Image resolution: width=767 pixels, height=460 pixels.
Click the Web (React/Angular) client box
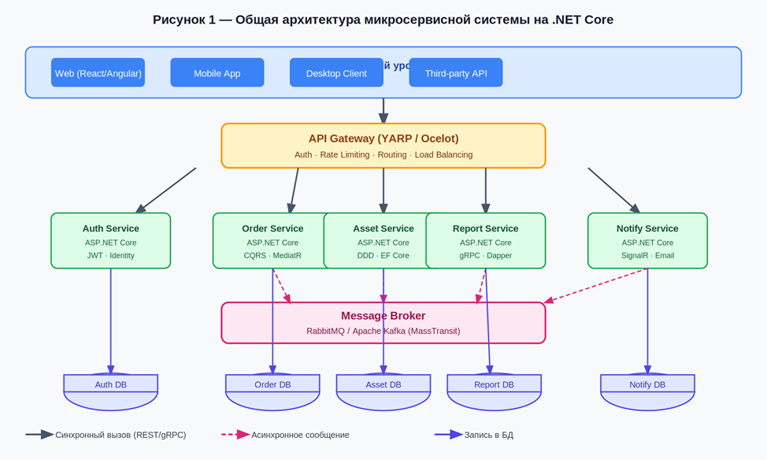(98, 73)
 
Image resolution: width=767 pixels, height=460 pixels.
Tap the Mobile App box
(217, 73)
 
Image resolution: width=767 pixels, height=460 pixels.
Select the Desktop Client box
(336, 73)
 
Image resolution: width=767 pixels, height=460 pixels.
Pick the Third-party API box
(456, 73)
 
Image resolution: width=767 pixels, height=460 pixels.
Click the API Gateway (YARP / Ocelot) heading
(383, 139)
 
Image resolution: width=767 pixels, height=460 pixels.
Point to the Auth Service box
(111, 240)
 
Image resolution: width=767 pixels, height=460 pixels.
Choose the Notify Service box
(647, 240)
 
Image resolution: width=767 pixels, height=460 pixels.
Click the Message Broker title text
(383, 316)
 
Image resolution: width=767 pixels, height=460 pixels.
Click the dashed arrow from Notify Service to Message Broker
(595, 285)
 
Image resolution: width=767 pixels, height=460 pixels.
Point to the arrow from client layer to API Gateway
(383, 109)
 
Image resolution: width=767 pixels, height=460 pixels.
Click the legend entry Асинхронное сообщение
(299, 435)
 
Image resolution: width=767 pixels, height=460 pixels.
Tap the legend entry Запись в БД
(488, 435)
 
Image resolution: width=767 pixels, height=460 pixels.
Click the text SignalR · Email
(647, 255)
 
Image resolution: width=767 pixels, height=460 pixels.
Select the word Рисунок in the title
(180, 20)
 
